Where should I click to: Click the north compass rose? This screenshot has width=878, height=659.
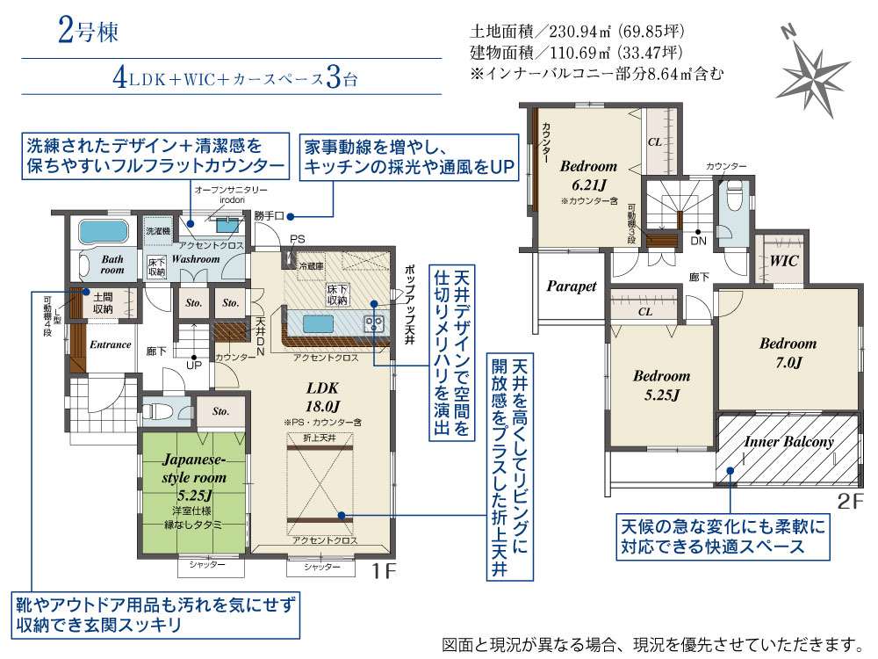[x=815, y=73]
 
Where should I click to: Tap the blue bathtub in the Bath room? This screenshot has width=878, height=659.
[x=103, y=231]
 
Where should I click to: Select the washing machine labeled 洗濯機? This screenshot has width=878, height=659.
[x=158, y=231]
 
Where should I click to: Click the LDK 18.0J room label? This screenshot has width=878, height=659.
[x=322, y=396]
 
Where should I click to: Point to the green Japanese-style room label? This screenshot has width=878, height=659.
[x=194, y=477]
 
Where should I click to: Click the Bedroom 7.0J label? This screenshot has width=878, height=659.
[x=788, y=353]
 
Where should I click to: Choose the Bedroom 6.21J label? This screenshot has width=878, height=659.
[x=588, y=175]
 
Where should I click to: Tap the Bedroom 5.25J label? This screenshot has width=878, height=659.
[x=661, y=385]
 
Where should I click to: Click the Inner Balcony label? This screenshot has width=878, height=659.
[x=788, y=442]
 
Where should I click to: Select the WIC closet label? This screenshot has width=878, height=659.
[x=784, y=260]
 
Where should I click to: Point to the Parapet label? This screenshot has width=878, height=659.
[x=572, y=286]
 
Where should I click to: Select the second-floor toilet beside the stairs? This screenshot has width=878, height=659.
[x=734, y=197]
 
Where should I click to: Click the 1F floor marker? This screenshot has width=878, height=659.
[x=385, y=571]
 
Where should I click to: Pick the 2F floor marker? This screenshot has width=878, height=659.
[x=851, y=501]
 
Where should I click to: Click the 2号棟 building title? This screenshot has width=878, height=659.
[x=88, y=31]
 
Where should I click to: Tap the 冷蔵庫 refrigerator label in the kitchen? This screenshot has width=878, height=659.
[x=312, y=267]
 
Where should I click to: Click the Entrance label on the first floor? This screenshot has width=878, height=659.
[x=111, y=344]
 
